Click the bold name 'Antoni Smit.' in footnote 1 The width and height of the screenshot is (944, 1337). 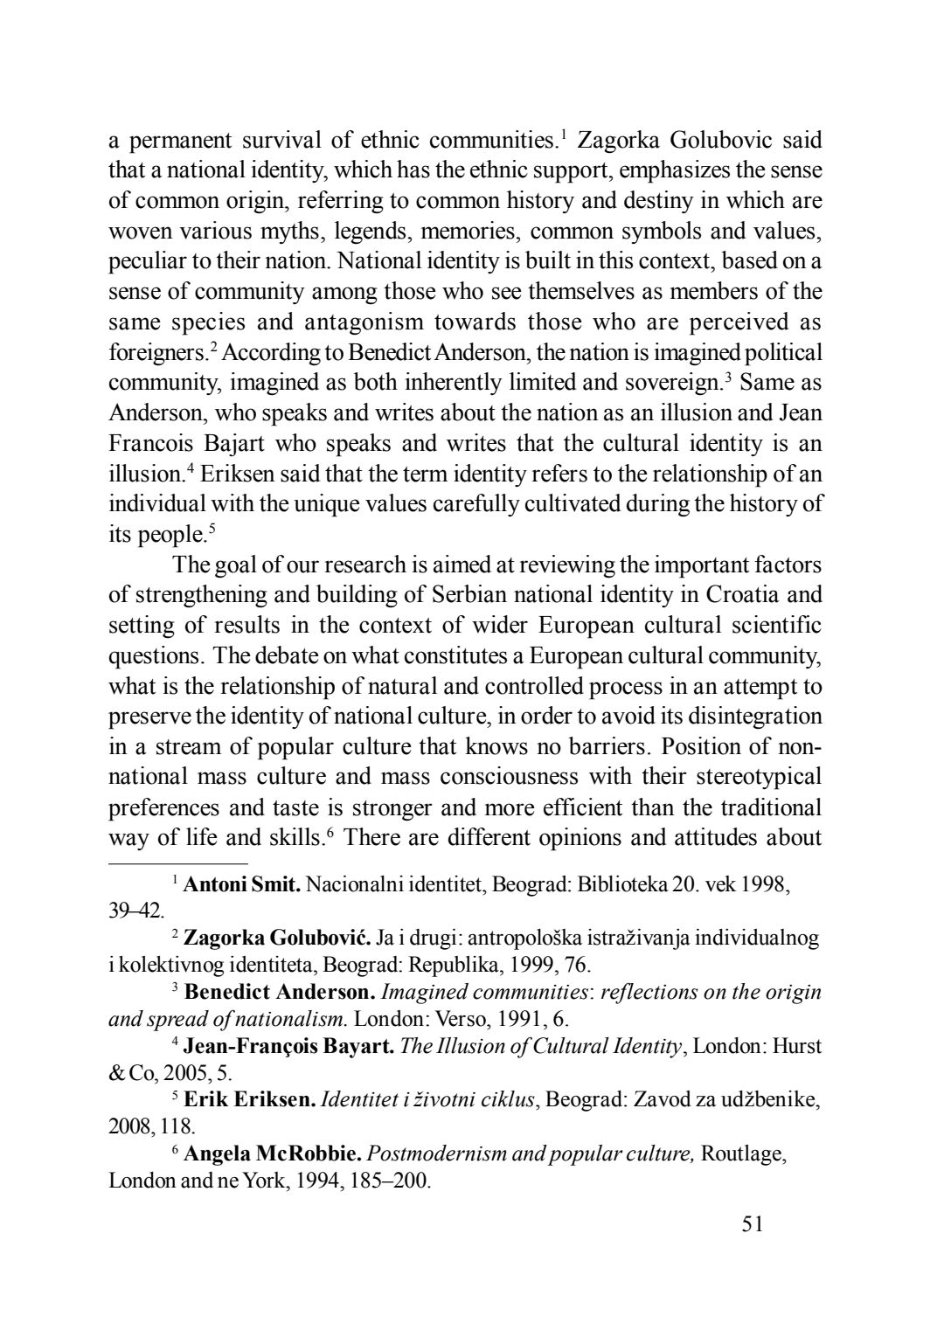242,883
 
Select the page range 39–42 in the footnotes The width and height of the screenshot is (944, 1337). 135,911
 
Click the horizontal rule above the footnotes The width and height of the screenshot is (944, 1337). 178,862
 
